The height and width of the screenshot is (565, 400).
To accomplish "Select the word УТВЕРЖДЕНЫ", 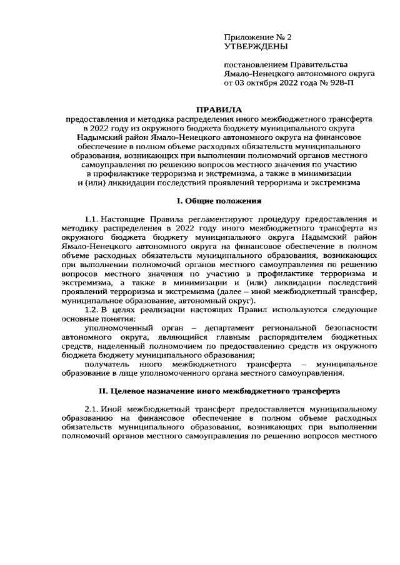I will (256, 47).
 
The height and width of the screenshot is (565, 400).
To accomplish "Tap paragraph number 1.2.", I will (91, 310).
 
